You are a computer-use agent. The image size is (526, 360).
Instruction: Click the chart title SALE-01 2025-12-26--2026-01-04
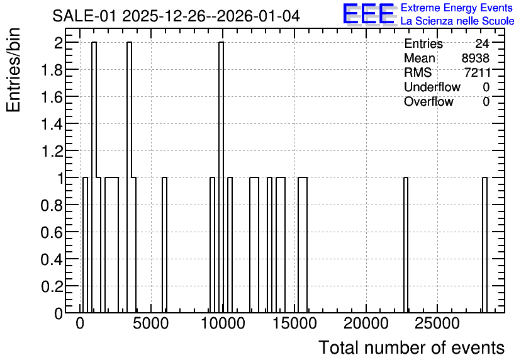click(x=176, y=16)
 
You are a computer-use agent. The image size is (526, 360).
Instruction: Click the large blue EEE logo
click(x=369, y=14)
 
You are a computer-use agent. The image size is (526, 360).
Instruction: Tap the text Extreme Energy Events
click(x=457, y=8)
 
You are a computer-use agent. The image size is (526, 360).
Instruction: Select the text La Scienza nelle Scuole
click(x=457, y=21)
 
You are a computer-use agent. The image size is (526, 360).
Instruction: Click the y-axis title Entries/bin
click(x=14, y=70)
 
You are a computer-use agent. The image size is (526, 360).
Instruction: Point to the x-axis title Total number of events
click(x=411, y=347)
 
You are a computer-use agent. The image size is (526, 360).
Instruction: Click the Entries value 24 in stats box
click(x=482, y=43)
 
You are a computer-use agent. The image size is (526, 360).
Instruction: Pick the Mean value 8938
click(x=475, y=58)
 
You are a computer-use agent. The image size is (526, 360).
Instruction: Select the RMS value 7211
click(x=478, y=72)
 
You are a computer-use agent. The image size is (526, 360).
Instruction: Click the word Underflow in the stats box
click(x=432, y=87)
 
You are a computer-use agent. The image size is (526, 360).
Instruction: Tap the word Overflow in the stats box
click(x=428, y=102)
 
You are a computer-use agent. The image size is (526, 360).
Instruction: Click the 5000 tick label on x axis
click(x=150, y=323)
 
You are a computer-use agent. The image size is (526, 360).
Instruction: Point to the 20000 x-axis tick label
click(x=366, y=323)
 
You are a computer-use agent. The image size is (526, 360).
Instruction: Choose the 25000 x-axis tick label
click(x=437, y=323)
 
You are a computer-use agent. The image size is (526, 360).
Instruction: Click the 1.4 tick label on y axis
click(x=52, y=124)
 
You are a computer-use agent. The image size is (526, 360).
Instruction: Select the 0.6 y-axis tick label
click(x=52, y=232)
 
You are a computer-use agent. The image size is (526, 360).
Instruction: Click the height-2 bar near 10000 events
click(x=221, y=177)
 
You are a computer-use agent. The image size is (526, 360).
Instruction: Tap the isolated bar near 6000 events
click(x=164, y=245)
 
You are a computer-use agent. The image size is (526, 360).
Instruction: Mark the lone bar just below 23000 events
click(x=406, y=245)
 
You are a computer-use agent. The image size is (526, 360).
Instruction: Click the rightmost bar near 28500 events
click(x=484, y=245)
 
